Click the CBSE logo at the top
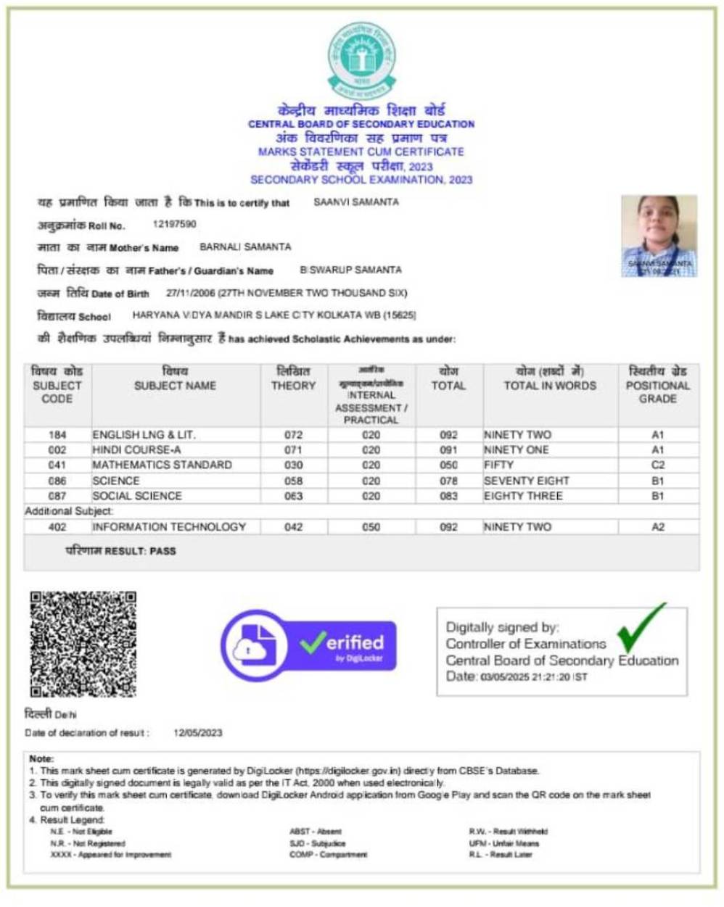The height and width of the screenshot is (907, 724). (x=361, y=61)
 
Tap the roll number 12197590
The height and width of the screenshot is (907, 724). (x=174, y=225)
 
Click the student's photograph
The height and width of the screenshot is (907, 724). (x=659, y=236)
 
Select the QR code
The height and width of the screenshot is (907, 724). (x=83, y=644)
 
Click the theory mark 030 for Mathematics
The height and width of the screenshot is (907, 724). (x=293, y=465)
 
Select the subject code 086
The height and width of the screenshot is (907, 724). (x=57, y=481)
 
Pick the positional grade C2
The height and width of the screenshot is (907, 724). (x=657, y=465)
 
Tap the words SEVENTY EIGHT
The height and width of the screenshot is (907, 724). (x=526, y=481)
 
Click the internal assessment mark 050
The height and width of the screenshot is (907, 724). (x=371, y=527)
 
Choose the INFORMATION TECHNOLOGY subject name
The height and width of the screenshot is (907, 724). (x=168, y=527)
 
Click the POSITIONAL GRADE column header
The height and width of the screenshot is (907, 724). (x=657, y=385)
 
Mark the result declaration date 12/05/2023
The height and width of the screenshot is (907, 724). (x=197, y=733)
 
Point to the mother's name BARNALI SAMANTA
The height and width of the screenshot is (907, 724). (x=245, y=247)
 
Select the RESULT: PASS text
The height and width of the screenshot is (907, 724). (x=121, y=551)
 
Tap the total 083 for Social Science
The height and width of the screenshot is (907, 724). (x=448, y=496)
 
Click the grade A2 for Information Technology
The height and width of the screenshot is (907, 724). (x=657, y=527)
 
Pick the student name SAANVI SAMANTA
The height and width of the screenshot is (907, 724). (x=355, y=202)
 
